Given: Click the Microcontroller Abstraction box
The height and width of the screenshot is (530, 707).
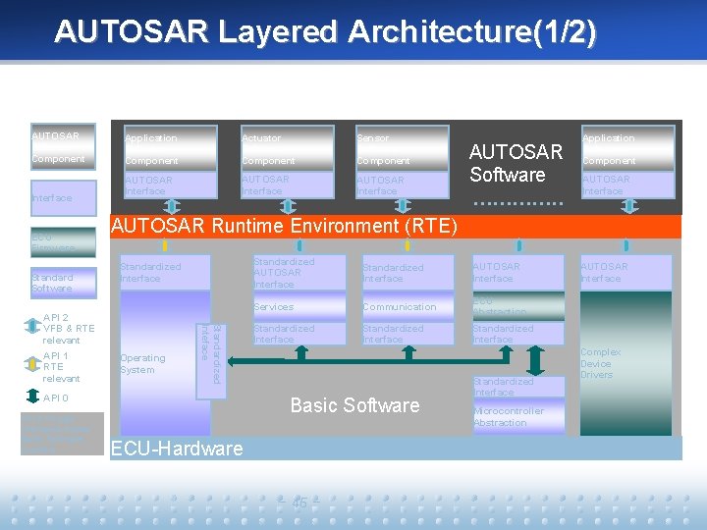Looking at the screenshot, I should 517,417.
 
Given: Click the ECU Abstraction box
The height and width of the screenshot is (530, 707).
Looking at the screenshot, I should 517,306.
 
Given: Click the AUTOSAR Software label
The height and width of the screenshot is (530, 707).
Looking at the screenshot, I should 516,163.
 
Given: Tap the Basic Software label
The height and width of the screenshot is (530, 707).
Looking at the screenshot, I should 354,405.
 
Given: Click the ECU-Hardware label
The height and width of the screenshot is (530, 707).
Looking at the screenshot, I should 177,449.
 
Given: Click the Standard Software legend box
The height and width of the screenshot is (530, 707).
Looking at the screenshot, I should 63,283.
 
